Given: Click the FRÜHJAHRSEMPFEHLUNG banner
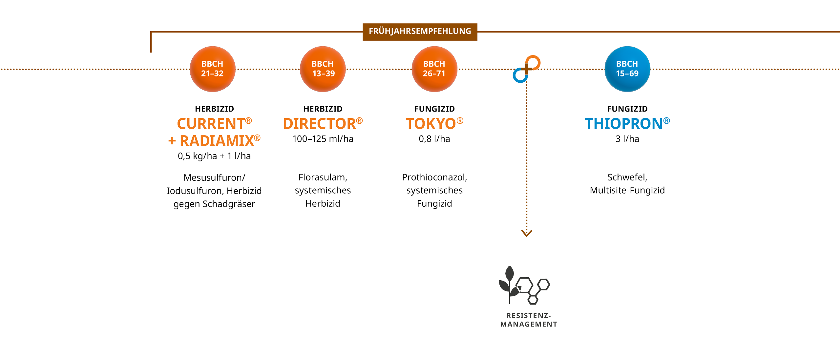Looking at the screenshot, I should pos(420,32).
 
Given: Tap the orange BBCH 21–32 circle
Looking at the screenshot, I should pos(212,69).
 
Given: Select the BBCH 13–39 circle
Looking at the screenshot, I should pos(323,69).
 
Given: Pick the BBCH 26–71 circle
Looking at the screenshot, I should pos(434,69).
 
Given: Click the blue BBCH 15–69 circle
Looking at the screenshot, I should pos(627,69).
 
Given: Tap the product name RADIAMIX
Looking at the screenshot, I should pos(217,141).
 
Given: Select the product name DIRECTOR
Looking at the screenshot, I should pos(320,124).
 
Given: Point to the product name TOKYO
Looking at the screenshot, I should pos(431,124).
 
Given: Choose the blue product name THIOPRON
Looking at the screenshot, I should pos(624,124).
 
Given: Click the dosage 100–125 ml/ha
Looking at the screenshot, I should pos(323,139).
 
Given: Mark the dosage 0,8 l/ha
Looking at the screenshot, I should pos(434,139).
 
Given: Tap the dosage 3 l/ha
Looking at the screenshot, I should pos(627,139).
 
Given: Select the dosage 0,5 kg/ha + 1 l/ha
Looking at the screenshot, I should pos(214,156).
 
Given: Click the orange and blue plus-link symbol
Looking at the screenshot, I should pos(527,69).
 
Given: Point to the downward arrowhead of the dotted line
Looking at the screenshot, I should pos(527,233).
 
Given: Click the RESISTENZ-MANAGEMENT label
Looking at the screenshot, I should pos(529,320).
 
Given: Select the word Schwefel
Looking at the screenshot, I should pos(627,177).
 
